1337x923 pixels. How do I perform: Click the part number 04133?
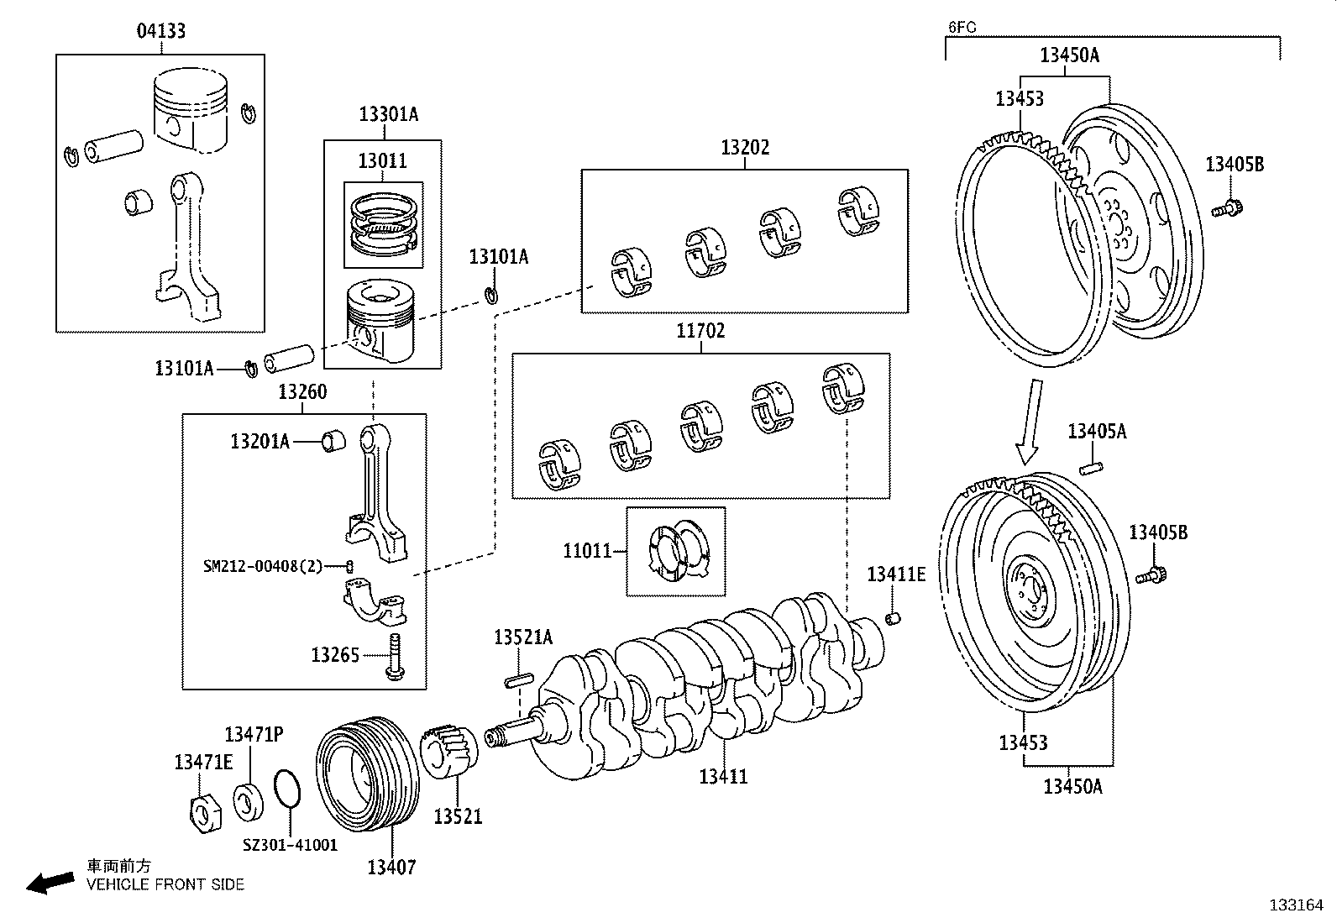(160, 31)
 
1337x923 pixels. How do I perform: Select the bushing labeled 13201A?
(333, 440)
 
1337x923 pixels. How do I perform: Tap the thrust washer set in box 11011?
(677, 552)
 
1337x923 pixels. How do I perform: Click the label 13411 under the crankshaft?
(723, 777)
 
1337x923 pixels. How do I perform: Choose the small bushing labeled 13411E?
(895, 619)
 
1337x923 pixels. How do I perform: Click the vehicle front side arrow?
(50, 882)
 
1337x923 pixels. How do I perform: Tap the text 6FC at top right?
(962, 27)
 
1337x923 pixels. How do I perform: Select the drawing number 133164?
(1295, 905)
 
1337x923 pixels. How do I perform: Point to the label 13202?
(744, 149)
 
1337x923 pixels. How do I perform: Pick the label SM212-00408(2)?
(262, 566)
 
